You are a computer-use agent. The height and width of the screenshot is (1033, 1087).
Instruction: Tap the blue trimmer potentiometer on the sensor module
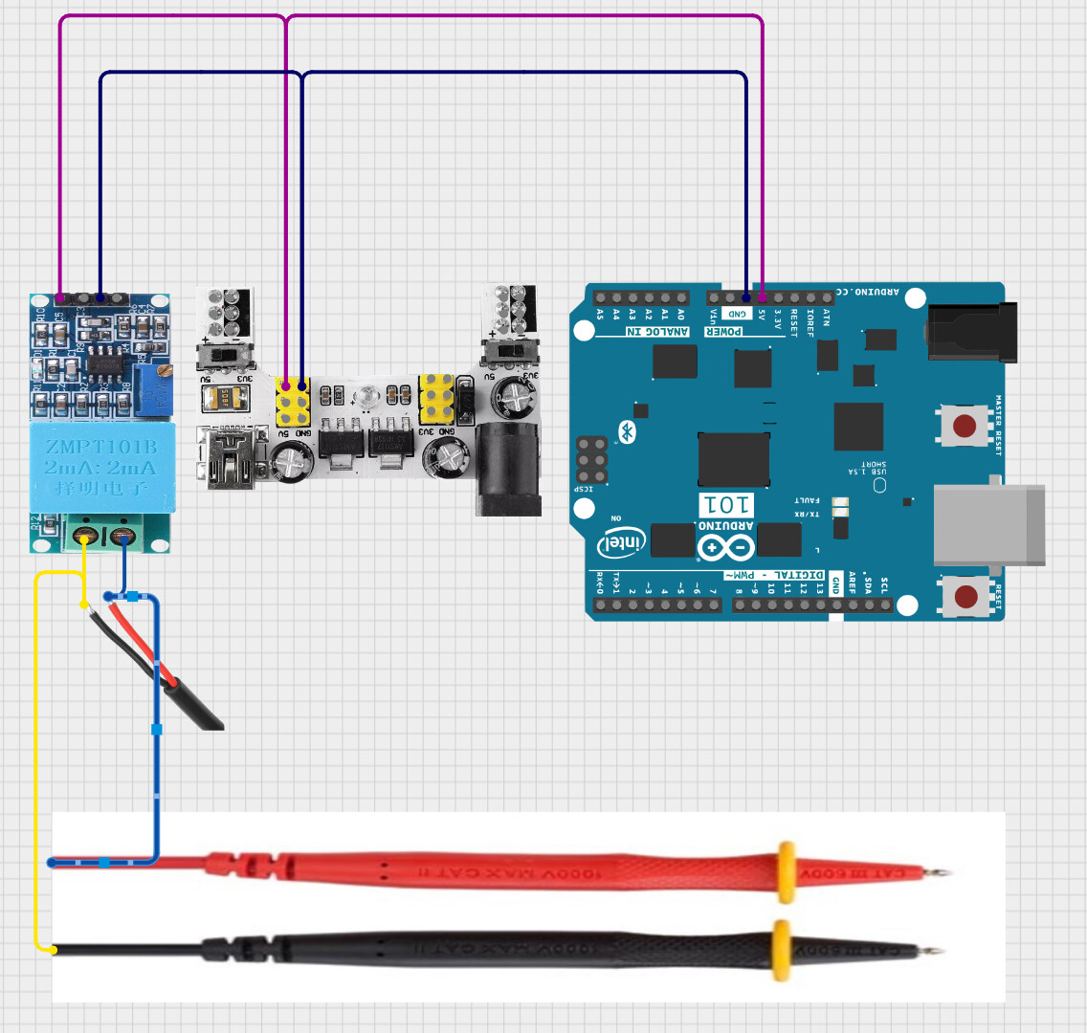click(154, 389)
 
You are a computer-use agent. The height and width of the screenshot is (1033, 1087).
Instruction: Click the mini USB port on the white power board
click(230, 460)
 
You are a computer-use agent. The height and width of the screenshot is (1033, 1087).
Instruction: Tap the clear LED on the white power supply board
click(366, 394)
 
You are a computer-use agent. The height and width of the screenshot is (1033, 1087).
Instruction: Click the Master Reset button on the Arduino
click(964, 424)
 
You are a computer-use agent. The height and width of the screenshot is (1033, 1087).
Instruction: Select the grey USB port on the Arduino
click(987, 524)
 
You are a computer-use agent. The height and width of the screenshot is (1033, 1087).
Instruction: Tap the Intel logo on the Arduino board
click(622, 542)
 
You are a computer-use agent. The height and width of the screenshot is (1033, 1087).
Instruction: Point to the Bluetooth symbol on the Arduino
click(628, 431)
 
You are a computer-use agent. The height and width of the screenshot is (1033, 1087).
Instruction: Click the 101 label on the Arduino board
click(726, 504)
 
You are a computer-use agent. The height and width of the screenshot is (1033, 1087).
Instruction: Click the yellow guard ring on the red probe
click(787, 872)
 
